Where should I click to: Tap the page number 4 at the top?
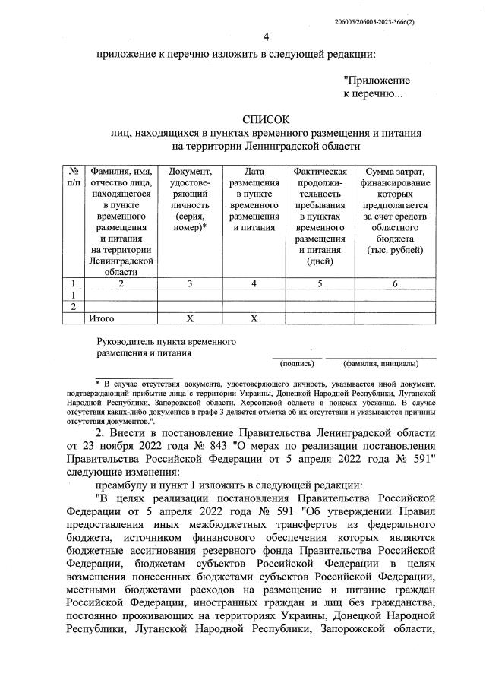pyautogui.click(x=266, y=37)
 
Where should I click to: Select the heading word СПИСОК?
pyautogui.click(x=266, y=119)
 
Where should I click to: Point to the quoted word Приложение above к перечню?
pyautogui.click(x=377, y=80)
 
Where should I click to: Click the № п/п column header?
pyautogui.click(x=74, y=177)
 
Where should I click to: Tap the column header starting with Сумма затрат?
pyautogui.click(x=395, y=210)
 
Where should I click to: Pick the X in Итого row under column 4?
pyautogui.click(x=254, y=318)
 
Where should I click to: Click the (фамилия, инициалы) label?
pyautogui.click(x=380, y=362)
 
